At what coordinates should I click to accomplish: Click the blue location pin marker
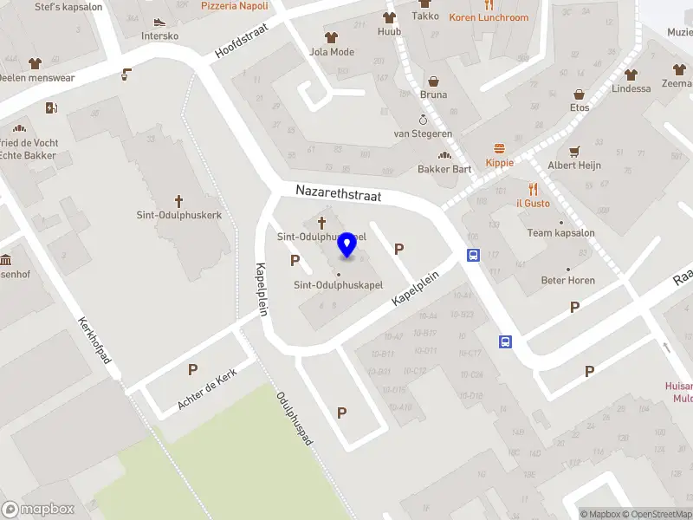347,244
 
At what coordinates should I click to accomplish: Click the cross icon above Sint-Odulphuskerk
179,200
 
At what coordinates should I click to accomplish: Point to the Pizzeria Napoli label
234,5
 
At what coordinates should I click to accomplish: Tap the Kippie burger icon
499,148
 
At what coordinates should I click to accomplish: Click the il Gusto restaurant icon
534,188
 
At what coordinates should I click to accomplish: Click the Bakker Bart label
444,169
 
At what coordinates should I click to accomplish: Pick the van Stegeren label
423,133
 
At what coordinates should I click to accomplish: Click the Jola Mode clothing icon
331,37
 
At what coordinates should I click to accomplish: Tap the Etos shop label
580,107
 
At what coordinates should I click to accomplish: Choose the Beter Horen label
567,280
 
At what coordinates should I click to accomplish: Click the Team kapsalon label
560,233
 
